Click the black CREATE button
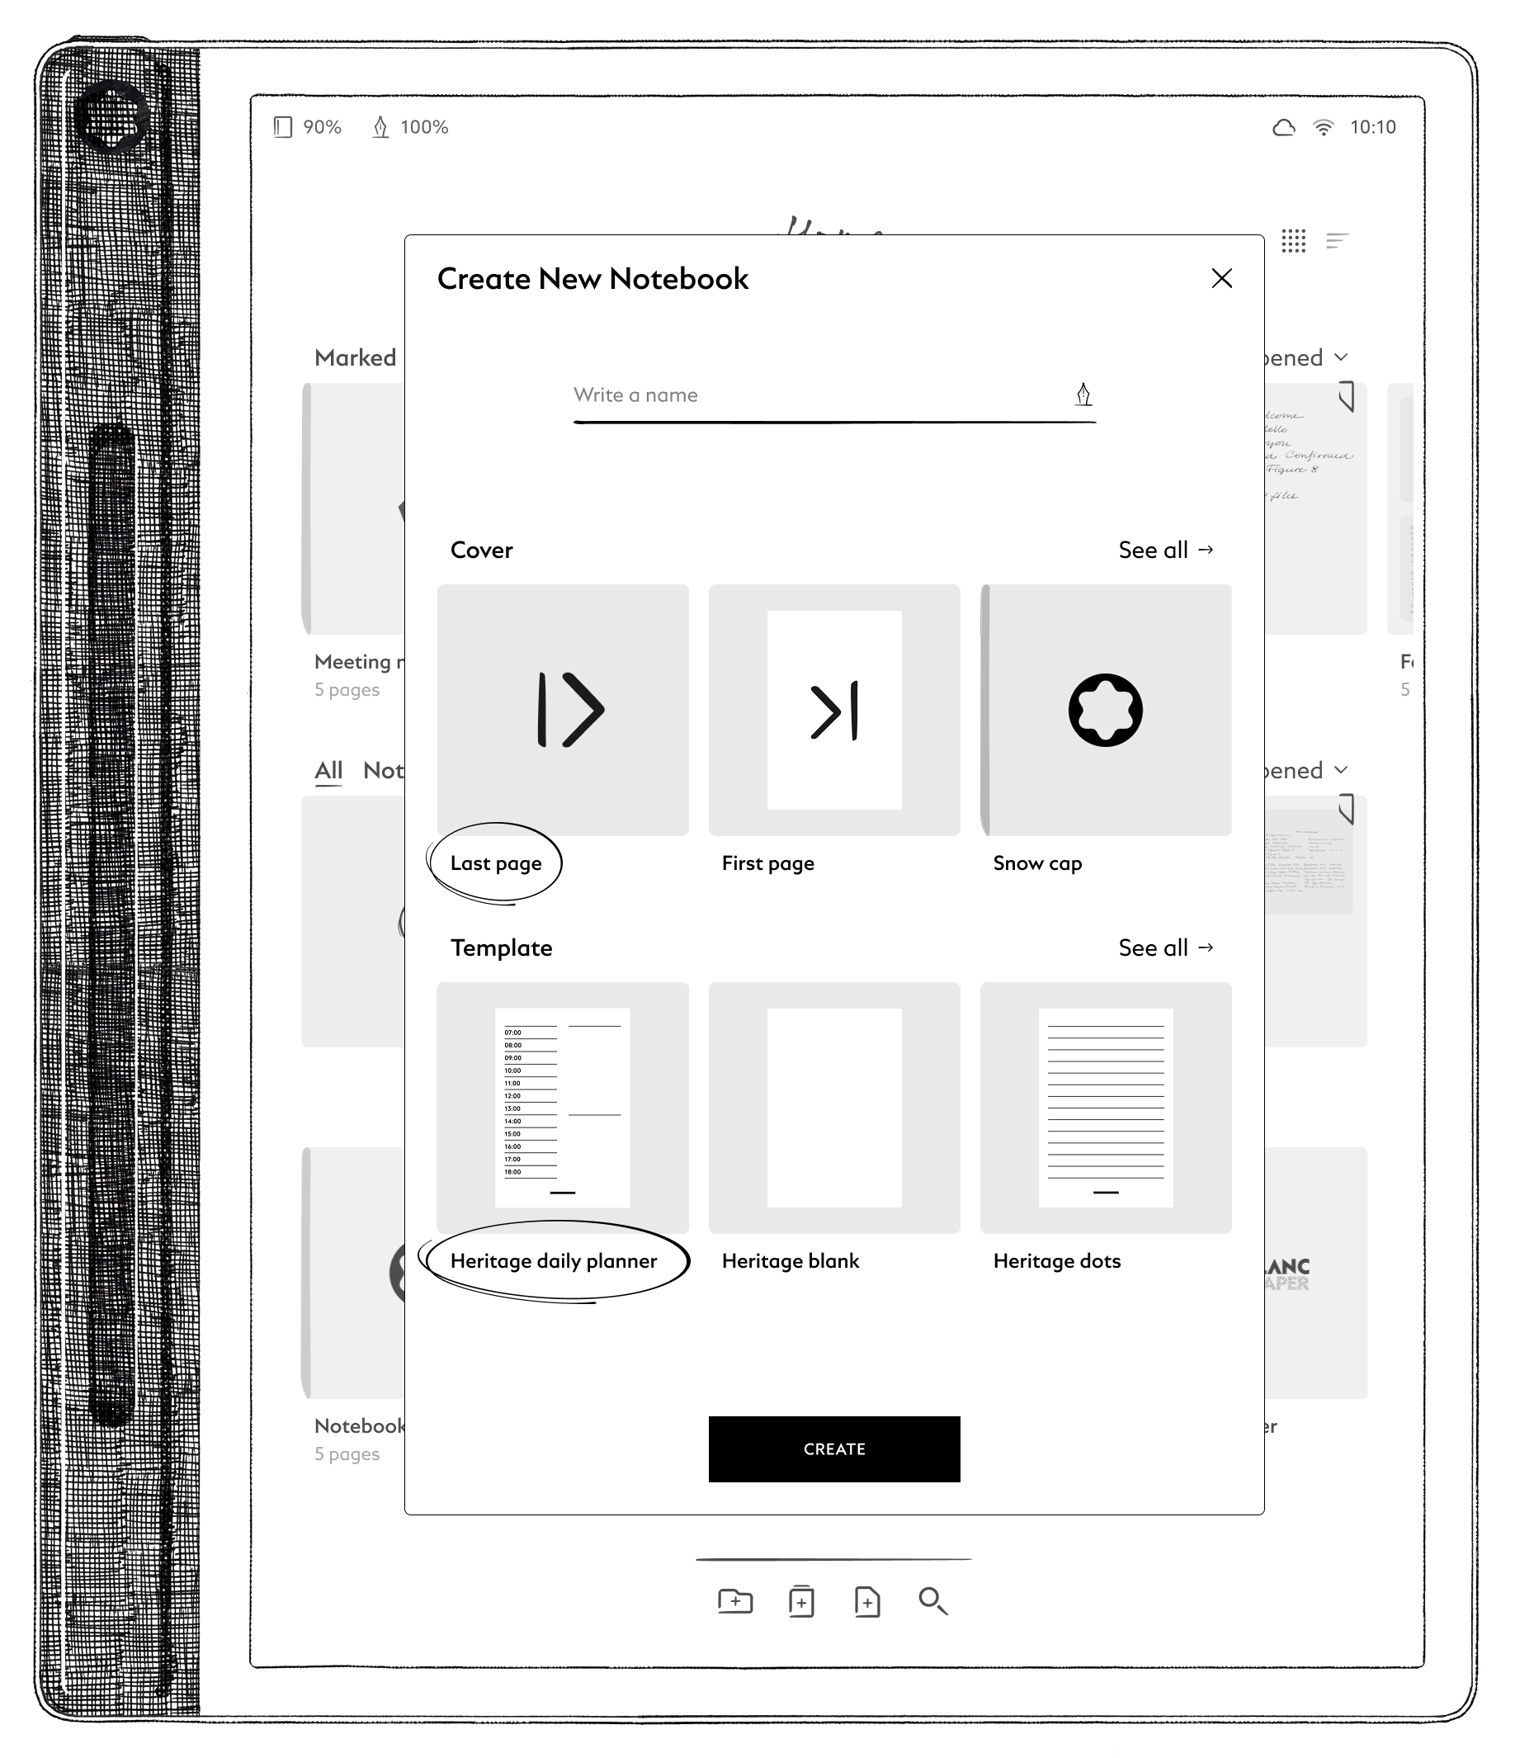833,1448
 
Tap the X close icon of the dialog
1221,278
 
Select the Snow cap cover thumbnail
1105,709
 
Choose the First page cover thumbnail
833,709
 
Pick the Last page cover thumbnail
562,709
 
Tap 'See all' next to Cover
1165,550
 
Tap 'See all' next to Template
1165,948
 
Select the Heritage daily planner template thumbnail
562,1108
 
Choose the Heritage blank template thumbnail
833,1108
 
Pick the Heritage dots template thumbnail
1105,1108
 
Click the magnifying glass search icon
933,1601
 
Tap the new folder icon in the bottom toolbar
734,1601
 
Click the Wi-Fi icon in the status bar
1322,127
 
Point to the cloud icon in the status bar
1283,127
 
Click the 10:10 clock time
1372,127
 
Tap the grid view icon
1293,241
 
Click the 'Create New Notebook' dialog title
592,279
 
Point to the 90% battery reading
322,127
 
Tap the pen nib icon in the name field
1083,395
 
